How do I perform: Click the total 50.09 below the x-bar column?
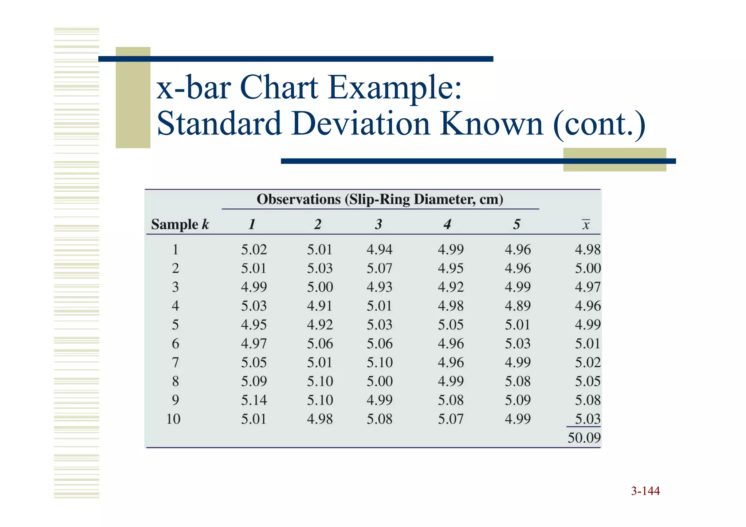(x=584, y=437)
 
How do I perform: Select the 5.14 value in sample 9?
(x=254, y=400)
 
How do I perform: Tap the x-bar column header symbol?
(x=586, y=225)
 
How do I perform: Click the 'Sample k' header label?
(x=180, y=224)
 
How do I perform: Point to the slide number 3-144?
(x=645, y=491)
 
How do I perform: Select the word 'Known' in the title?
(x=491, y=124)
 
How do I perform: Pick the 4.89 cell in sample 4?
(x=518, y=306)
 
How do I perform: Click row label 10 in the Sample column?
(x=173, y=419)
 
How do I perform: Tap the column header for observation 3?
(x=379, y=224)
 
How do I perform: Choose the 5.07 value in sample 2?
(x=379, y=268)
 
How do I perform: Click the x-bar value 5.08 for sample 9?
(x=587, y=400)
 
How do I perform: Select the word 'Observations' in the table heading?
(x=299, y=199)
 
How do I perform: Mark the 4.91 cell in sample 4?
(x=319, y=306)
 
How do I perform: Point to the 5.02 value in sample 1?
(x=254, y=249)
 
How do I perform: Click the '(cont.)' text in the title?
(x=599, y=124)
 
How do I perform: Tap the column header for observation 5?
(x=517, y=224)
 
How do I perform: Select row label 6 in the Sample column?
(x=175, y=343)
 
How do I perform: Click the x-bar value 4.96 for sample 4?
(x=587, y=306)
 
